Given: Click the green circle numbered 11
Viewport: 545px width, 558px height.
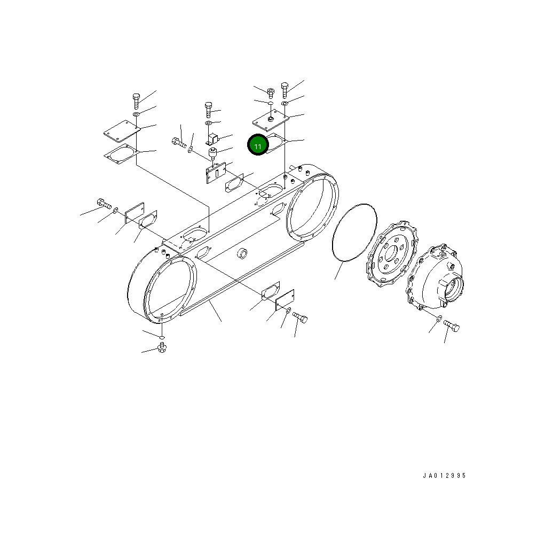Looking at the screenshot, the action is (x=258, y=145).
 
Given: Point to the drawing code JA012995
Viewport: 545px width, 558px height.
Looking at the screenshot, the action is (x=444, y=476).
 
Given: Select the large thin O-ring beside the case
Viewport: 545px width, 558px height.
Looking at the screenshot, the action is (x=354, y=232).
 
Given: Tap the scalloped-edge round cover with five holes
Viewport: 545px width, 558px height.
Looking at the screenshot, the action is (x=392, y=254).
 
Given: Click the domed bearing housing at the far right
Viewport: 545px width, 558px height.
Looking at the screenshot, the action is (x=435, y=276).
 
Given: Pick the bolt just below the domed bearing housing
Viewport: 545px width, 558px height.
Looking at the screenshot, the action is (x=452, y=325).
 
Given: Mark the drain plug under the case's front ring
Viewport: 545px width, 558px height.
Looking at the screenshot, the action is (x=162, y=348).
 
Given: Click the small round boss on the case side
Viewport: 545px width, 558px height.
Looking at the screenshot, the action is (x=242, y=253).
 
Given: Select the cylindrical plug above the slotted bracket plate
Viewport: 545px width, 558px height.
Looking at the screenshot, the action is (x=212, y=153).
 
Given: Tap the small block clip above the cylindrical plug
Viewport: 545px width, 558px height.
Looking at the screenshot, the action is (x=212, y=138).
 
